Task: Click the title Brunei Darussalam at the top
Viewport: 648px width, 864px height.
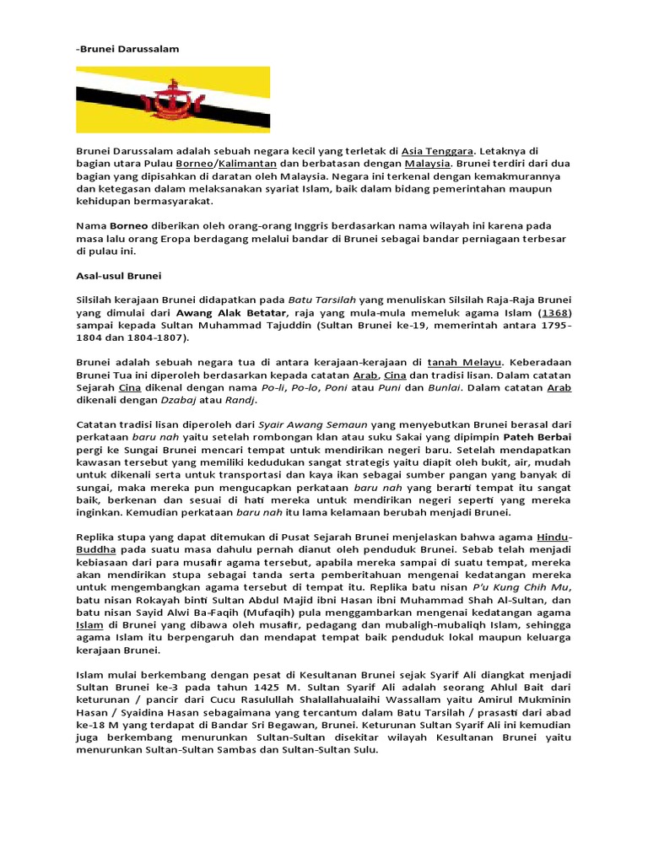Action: tap(128, 49)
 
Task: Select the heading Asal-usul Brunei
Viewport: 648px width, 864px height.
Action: tap(119, 276)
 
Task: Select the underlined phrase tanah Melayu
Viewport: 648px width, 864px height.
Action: tap(466, 362)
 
